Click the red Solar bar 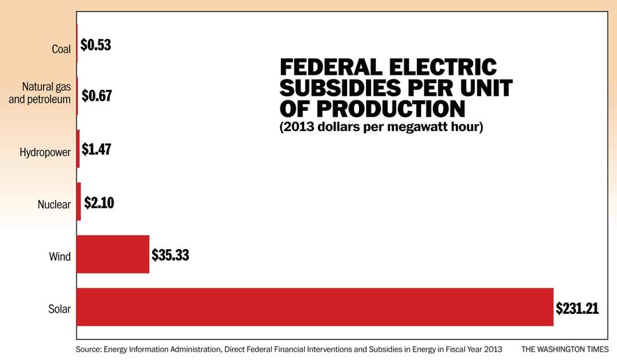(x=314, y=306)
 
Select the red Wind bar (x=113, y=254)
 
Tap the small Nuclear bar (x=79, y=202)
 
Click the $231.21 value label (x=577, y=307)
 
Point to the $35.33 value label (x=171, y=255)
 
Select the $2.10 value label (x=99, y=202)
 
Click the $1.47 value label (x=96, y=149)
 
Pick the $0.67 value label (x=96, y=96)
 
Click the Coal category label (x=61, y=49)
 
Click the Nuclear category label (x=54, y=204)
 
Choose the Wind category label (x=59, y=257)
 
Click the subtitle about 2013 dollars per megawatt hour (x=381, y=128)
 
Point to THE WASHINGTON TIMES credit (x=564, y=348)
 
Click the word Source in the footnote (x=91, y=348)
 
